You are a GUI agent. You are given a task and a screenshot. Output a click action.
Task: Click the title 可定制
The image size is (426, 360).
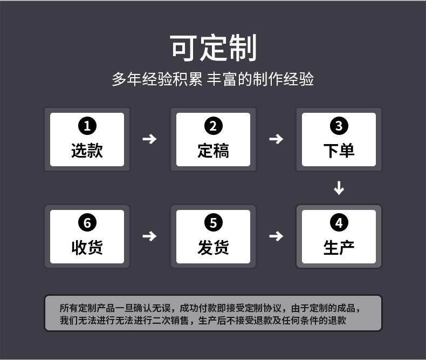coord(213,47)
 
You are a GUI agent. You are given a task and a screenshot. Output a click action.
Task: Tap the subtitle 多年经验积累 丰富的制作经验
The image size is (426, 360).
coord(213,80)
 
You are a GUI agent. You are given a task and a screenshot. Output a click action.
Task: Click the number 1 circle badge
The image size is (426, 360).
coord(87,126)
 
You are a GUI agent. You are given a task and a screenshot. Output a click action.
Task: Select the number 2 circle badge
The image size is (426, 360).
coord(213,126)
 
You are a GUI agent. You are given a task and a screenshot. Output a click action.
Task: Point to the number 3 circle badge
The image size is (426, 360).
coord(339,126)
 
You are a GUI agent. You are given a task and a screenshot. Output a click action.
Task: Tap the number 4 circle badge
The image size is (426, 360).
coord(339,223)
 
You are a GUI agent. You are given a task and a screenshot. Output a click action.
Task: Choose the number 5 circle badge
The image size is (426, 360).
coord(213,223)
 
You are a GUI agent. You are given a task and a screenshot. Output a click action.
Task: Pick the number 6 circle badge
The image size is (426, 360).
coord(87,223)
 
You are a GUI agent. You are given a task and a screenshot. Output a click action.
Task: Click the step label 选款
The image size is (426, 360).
coord(87,150)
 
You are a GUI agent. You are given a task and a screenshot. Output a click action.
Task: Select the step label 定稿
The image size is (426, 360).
coord(213,150)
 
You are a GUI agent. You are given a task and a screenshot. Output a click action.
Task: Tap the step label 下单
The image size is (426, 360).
coord(339,150)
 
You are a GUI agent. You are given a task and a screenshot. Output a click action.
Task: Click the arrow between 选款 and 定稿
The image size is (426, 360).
coord(149,139)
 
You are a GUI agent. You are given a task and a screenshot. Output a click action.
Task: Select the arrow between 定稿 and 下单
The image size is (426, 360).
coord(276,139)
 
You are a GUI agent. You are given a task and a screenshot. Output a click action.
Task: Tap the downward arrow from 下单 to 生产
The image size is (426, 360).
coord(339,188)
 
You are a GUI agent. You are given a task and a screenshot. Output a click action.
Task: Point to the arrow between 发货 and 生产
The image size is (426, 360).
coord(276,236)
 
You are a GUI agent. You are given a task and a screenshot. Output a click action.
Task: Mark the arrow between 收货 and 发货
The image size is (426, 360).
coord(149,236)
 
